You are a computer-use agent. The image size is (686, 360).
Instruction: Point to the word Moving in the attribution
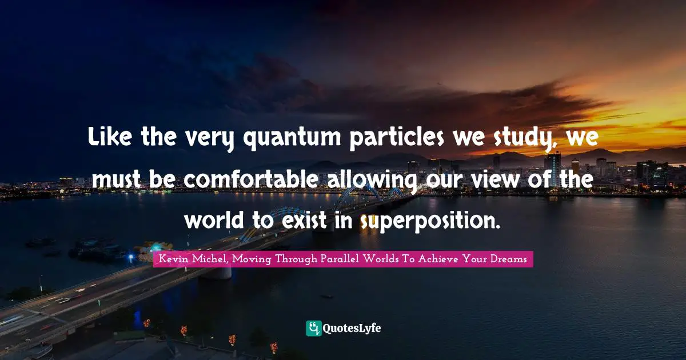[x=252, y=259]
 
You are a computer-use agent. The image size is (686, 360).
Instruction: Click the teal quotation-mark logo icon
[x=313, y=328]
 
